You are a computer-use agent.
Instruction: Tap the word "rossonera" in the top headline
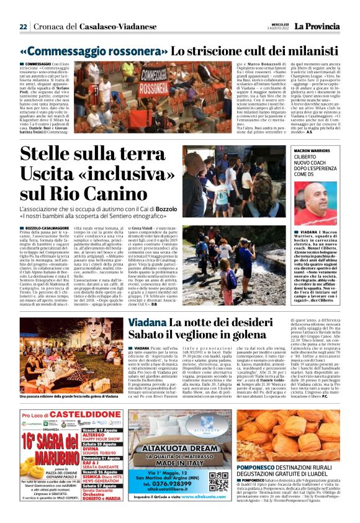tap(125, 52)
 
